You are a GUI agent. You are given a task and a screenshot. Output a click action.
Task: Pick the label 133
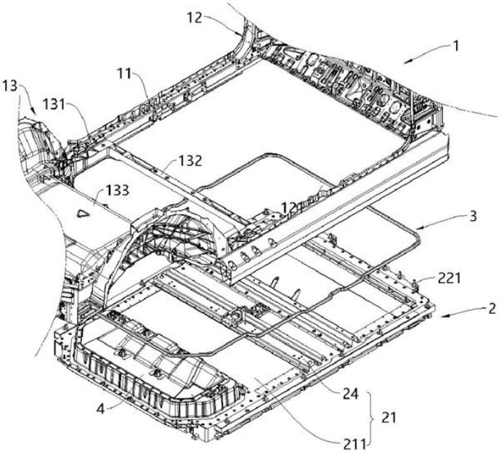pos(115,190)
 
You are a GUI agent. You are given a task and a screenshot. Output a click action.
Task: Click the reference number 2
pos(492,309)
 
